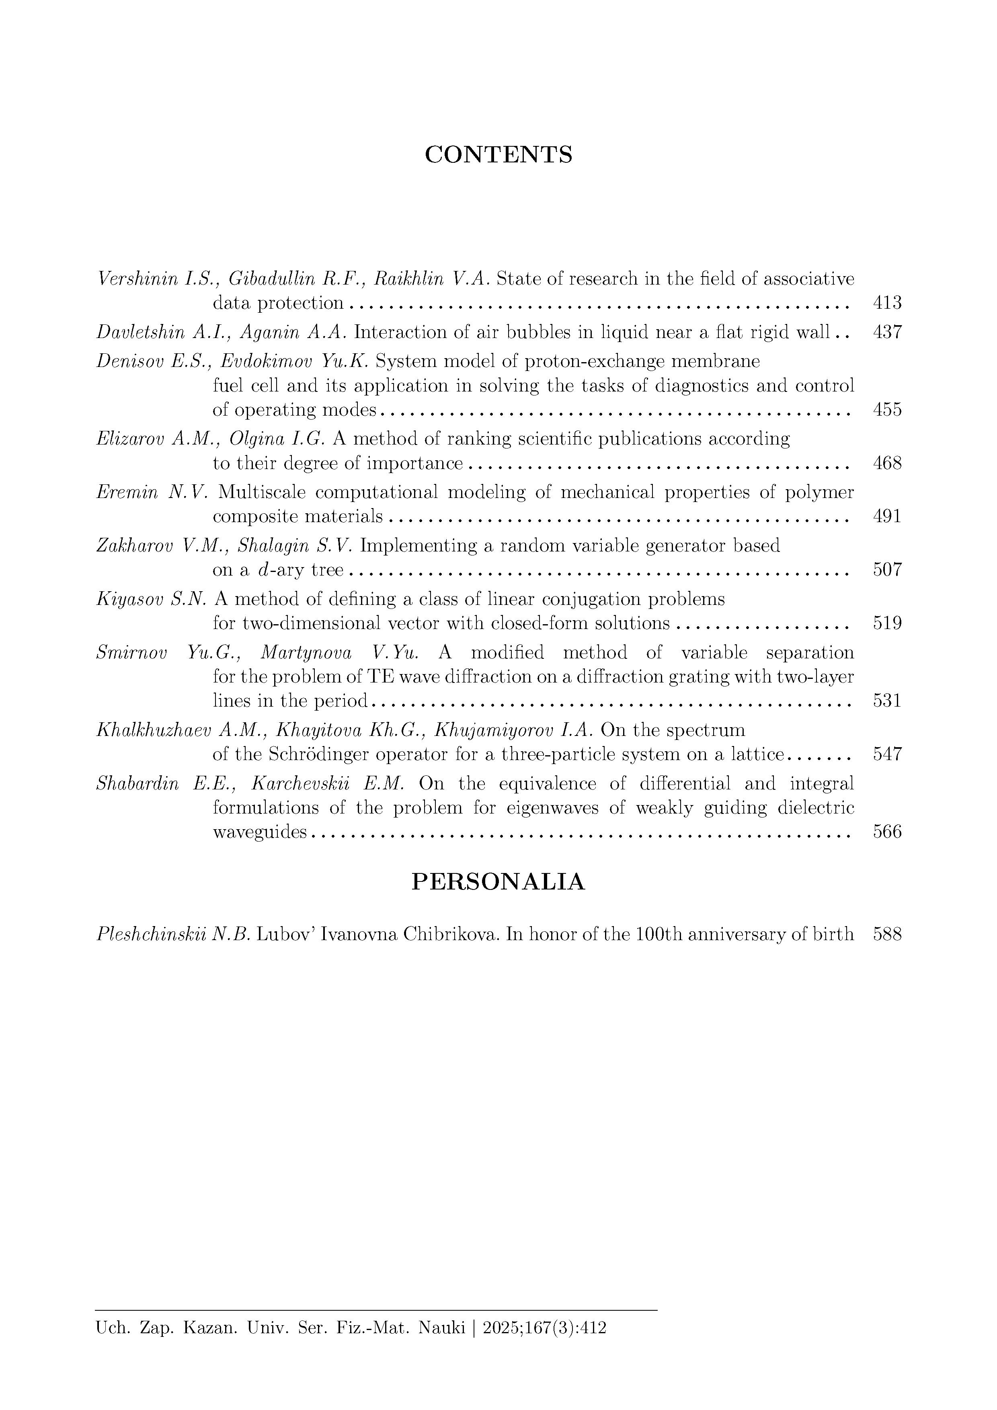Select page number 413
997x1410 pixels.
pos(887,303)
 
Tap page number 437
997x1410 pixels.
pos(887,332)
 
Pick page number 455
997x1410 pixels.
pos(887,410)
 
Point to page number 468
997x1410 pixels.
pos(887,463)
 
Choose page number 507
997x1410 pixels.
pos(887,570)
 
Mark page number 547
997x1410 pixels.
pos(887,754)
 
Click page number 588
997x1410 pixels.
pos(887,935)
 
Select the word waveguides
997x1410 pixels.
pos(259,832)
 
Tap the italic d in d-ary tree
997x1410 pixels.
pos(263,570)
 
